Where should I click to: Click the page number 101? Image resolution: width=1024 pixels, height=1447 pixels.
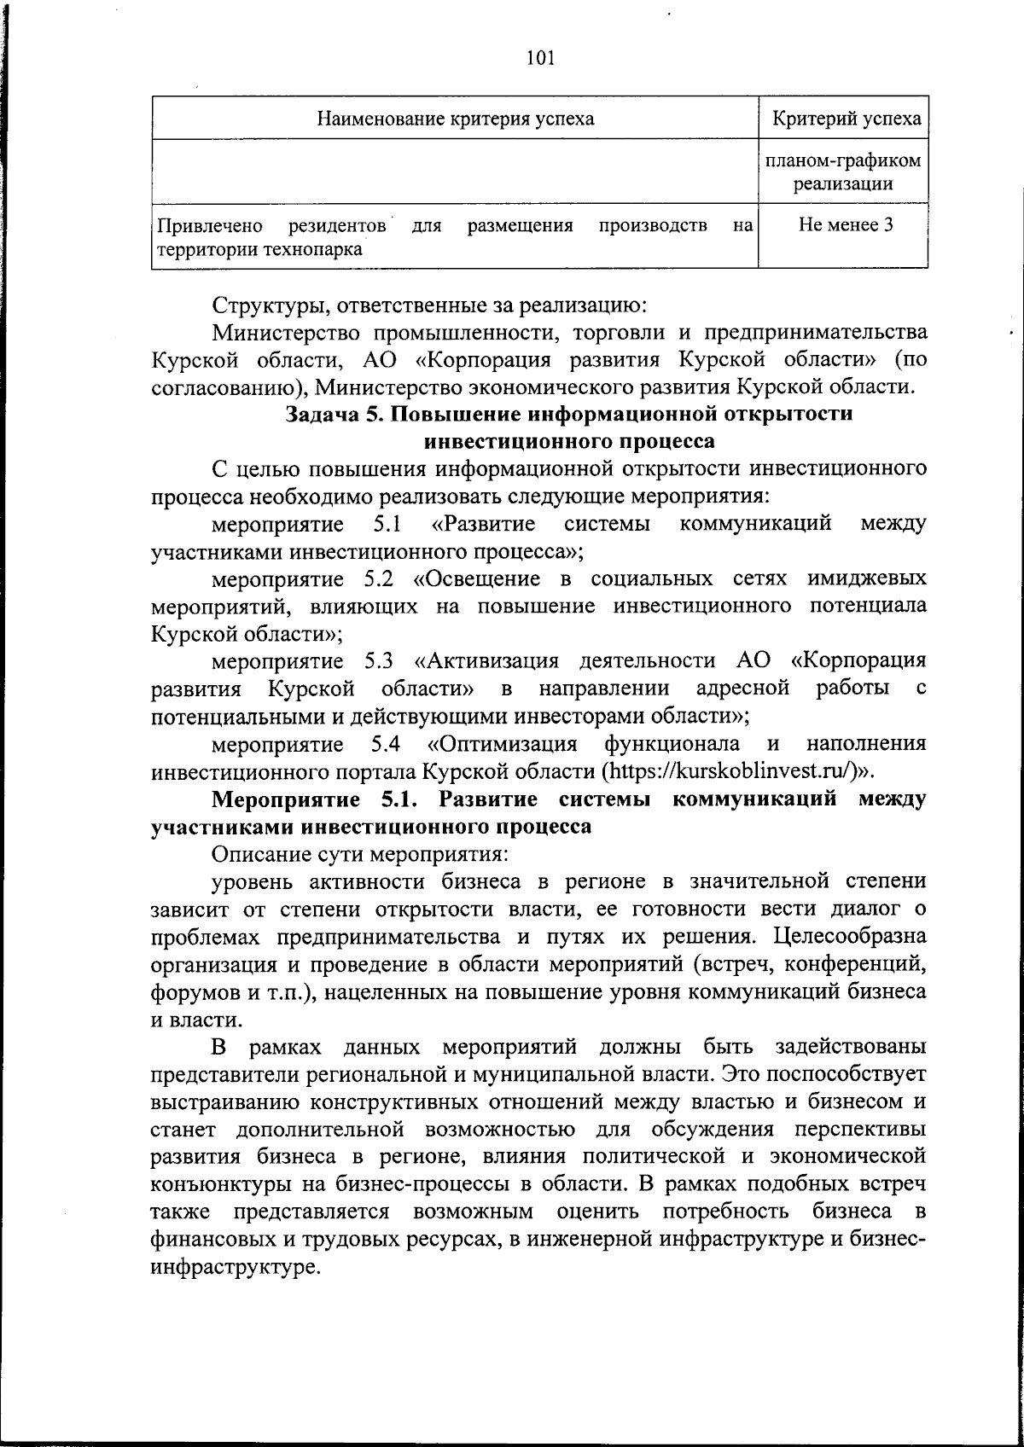pyautogui.click(x=541, y=58)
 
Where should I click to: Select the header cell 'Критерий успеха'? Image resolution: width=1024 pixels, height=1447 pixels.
pyautogui.click(x=847, y=119)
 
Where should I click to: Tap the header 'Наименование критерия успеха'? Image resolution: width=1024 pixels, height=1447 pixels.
pyautogui.click(x=456, y=119)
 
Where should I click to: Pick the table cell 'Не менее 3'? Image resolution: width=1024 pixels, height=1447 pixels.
pyautogui.click(x=846, y=225)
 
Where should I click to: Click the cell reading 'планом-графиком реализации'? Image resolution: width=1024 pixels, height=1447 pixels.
pyautogui.click(x=843, y=171)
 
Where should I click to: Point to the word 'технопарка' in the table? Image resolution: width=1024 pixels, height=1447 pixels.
pyautogui.click(x=312, y=249)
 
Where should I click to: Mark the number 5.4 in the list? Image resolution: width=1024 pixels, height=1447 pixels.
pyautogui.click(x=386, y=743)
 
